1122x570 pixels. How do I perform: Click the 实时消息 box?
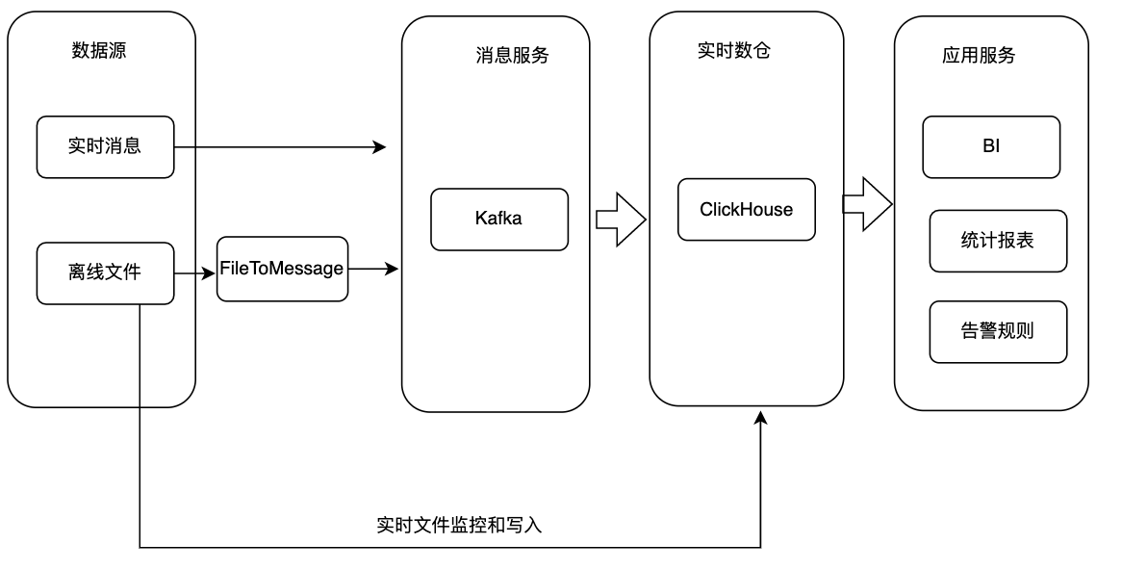coord(106,147)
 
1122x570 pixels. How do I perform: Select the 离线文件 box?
coord(106,273)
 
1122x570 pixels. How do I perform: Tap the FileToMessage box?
coord(282,269)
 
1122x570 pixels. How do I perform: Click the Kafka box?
coord(498,219)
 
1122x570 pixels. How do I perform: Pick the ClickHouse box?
coord(746,210)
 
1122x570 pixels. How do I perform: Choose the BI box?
coord(991,147)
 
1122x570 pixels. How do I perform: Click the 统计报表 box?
coord(998,241)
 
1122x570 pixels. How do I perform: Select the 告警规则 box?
coord(998,331)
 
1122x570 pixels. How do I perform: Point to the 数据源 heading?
coord(99,51)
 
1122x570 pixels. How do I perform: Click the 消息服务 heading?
coord(512,56)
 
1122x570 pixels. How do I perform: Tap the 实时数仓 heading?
coord(734,51)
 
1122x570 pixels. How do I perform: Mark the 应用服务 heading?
coord(979,56)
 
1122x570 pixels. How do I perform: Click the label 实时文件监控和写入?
coord(460,526)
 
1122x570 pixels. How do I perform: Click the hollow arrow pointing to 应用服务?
coord(867,204)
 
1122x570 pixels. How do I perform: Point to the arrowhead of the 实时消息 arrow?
coord(379,147)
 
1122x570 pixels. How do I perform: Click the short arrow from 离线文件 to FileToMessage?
coord(195,273)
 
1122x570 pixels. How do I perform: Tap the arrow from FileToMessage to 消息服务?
coord(373,269)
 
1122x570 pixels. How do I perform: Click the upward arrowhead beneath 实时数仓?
coord(760,417)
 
